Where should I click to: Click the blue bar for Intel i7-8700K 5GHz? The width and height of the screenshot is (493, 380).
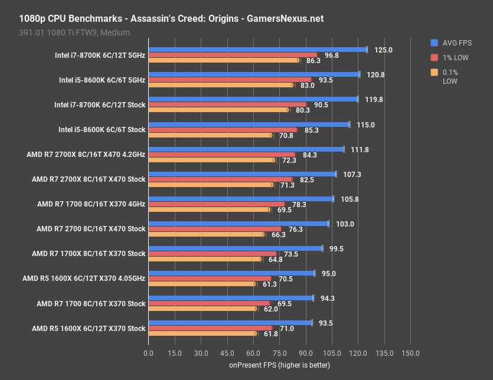pyautogui.click(x=257, y=50)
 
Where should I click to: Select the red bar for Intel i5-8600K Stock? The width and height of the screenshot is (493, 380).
pyautogui.click(x=223, y=130)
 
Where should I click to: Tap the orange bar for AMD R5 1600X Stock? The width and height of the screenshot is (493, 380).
pyautogui.click(x=202, y=333)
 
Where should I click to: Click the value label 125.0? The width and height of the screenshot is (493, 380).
pyautogui.click(x=383, y=50)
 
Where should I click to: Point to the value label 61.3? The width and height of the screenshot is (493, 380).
pyautogui.click(x=269, y=284)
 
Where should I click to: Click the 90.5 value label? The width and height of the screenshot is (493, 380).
pyautogui.click(x=321, y=105)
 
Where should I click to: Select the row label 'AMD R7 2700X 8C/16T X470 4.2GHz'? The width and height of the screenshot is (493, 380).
pyautogui.click(x=86, y=155)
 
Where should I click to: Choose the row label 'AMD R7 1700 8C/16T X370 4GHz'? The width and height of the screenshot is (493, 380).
pyautogui.click(x=91, y=204)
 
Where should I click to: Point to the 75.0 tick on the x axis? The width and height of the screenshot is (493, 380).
pyautogui.click(x=279, y=353)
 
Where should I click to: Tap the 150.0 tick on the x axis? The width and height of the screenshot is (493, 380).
pyautogui.click(x=410, y=353)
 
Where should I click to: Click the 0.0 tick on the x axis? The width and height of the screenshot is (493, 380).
pyautogui.click(x=149, y=353)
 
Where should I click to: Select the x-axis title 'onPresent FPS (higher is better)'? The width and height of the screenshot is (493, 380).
pyautogui.click(x=279, y=365)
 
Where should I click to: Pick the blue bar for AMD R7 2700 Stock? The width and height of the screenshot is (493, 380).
pyautogui.click(x=239, y=224)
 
